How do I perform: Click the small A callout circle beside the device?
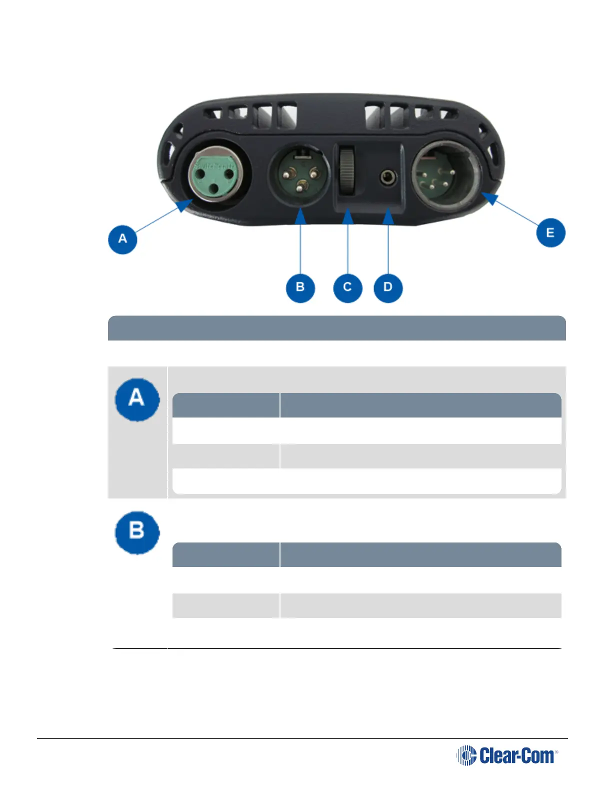(122, 239)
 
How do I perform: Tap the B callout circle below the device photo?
(300, 287)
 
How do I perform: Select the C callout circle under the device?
(347, 287)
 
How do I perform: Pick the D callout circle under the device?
(388, 287)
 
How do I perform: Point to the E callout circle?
(550, 232)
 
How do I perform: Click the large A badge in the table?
(137, 399)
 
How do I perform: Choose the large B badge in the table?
(137, 531)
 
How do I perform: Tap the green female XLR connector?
(215, 175)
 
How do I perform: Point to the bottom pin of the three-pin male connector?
(300, 188)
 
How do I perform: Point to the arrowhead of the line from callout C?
(348, 216)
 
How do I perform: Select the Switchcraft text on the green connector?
(214, 165)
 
